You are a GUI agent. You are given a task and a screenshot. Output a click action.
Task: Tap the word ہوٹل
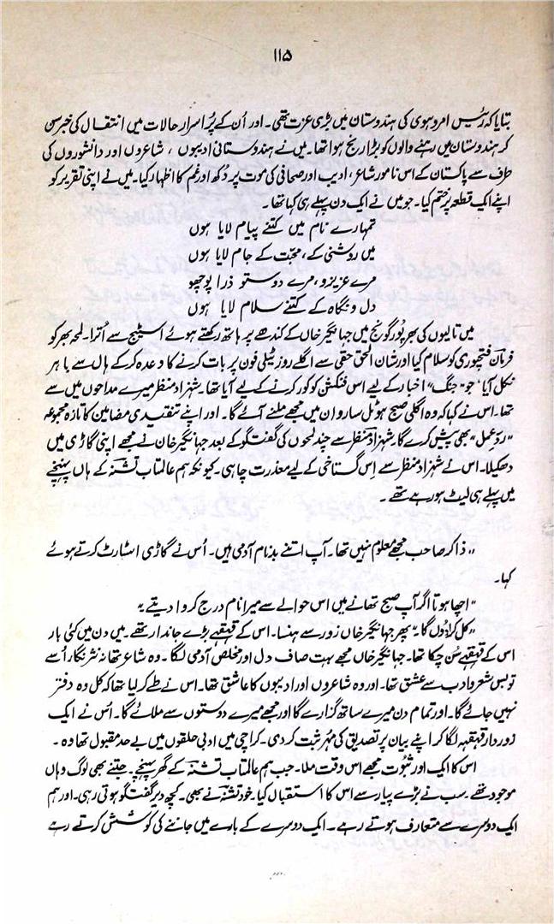(295, 400)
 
